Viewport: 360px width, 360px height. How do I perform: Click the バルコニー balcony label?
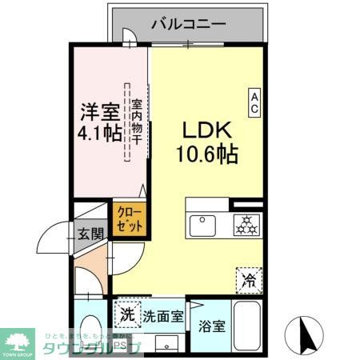(x=187, y=24)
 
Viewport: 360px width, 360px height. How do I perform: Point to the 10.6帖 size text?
(x=206, y=154)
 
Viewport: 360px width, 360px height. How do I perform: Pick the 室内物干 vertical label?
(x=137, y=122)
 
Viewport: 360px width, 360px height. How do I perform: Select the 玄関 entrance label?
(x=90, y=234)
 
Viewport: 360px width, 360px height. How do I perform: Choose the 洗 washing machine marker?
(x=127, y=314)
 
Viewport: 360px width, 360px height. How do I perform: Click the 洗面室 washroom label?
(x=162, y=315)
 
